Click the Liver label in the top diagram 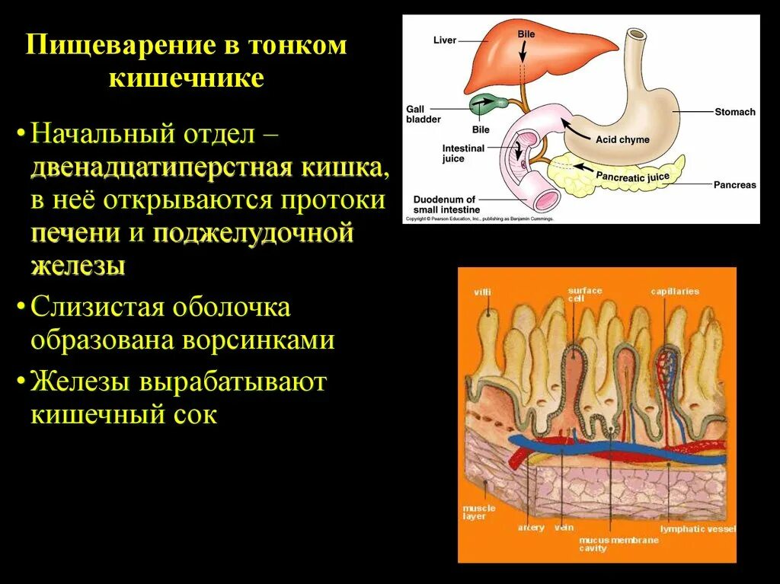point(444,40)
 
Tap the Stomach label point(734,112)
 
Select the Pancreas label point(734,185)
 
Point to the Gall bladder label point(423,114)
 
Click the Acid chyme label point(622,140)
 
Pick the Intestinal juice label point(463,154)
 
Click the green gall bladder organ point(483,104)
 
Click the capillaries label point(674,292)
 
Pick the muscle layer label point(478,512)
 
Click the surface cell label point(584,294)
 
